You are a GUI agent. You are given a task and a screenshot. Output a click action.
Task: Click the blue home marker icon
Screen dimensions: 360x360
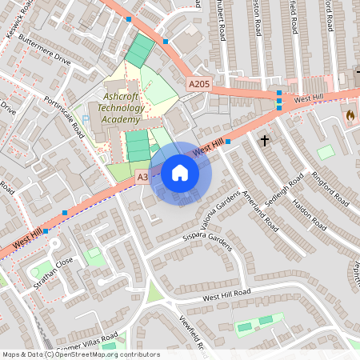(x=180, y=172)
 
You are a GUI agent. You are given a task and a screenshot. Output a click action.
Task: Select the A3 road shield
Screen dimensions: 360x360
(x=142, y=177)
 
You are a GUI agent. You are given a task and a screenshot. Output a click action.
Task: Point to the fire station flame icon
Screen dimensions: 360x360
(x=350, y=115)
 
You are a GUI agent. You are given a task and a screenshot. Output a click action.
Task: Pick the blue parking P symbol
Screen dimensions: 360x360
(x=86, y=118)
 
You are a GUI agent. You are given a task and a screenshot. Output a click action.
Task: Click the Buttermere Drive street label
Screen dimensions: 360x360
(x=44, y=50)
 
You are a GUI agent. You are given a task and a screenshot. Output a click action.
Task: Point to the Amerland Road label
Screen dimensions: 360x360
(x=260, y=210)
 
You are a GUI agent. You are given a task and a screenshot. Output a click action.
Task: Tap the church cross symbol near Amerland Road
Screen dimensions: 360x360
(x=264, y=141)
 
